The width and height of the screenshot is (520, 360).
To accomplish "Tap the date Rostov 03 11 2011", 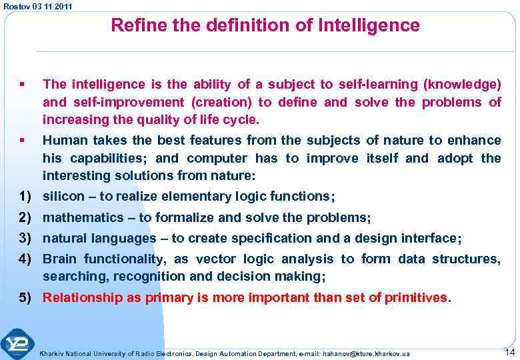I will pos(38,6).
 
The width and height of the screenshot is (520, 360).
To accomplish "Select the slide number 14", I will pos(509,351).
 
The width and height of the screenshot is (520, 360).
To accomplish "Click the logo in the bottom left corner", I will pos(17,343).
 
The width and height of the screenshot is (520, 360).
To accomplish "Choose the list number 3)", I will pos(26,238).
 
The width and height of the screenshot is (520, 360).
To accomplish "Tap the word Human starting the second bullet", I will pos(63,140).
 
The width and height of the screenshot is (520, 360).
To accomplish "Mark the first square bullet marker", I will pos(23,84).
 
